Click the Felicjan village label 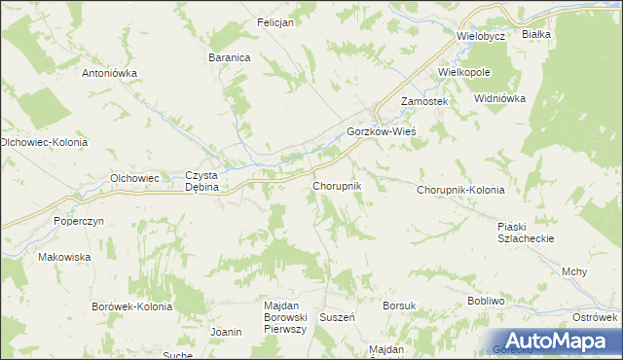pos(275,22)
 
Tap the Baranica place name pos(230,58)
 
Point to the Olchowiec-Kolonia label pos(44,142)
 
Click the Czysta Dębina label pos(205,181)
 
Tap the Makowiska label pos(64,257)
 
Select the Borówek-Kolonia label pos(131,306)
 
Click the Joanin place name pos(226,332)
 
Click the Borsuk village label pos(399,306)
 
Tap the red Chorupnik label pos(337,185)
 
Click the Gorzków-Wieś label pos(382,132)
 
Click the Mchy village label pos(574,272)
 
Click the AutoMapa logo pos(550,341)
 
